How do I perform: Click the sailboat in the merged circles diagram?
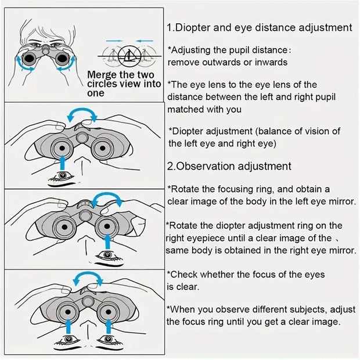point(128,56)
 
